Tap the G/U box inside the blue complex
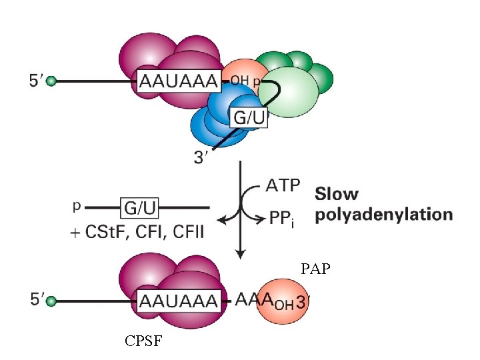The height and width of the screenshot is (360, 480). pos(249,118)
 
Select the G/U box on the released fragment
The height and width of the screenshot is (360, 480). pos(140,209)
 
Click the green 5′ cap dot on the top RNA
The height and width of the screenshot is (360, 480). pos(51,81)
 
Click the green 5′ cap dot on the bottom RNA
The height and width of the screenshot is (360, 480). pos(51,301)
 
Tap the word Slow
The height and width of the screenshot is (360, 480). pos(337,195)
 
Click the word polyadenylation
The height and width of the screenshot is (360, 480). pos(384,215)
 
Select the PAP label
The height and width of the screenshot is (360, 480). pos(315,270)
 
